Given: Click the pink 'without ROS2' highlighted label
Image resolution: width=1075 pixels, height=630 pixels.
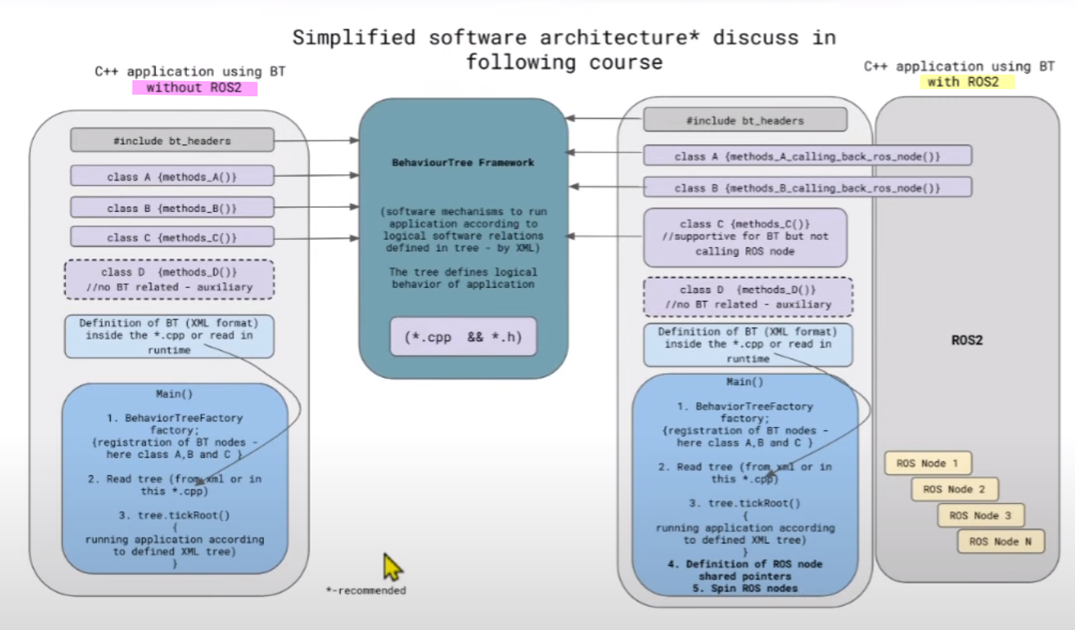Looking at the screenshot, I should pyautogui.click(x=194, y=88).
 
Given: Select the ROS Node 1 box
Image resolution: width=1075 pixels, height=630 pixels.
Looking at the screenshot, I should pyautogui.click(x=928, y=463).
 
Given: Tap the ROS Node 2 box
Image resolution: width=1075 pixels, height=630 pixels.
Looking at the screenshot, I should pyautogui.click(x=954, y=489).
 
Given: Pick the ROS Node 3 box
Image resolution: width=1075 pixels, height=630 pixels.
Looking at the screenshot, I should pyautogui.click(x=980, y=515).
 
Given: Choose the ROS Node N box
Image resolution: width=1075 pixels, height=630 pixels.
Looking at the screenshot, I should pyautogui.click(x=1000, y=542).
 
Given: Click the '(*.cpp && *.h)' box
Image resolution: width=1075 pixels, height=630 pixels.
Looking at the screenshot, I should pyautogui.click(x=463, y=337).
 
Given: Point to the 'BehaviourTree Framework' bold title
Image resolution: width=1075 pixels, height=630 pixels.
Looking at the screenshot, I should pyautogui.click(x=463, y=162).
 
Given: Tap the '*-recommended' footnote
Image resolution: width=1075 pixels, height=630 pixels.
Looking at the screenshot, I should pyautogui.click(x=366, y=591).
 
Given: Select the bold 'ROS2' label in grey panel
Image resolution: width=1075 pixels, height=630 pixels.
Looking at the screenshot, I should pyautogui.click(x=967, y=339).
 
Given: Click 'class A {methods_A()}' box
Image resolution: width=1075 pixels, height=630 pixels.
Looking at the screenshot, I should pyautogui.click(x=172, y=177).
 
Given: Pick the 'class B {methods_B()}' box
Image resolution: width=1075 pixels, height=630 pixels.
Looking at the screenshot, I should pyautogui.click(x=172, y=208).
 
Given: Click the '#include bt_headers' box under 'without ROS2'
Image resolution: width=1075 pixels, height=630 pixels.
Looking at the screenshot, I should pyautogui.click(x=172, y=140).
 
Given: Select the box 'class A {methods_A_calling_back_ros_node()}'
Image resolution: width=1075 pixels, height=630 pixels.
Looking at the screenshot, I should pyautogui.click(x=807, y=156).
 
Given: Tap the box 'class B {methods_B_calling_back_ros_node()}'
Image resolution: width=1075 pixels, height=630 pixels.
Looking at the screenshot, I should pyautogui.click(x=807, y=188).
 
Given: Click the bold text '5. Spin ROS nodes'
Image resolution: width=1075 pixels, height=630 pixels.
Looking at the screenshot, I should pyautogui.click(x=744, y=588).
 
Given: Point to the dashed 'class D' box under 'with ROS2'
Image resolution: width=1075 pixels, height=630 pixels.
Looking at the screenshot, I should pyautogui.click(x=748, y=297).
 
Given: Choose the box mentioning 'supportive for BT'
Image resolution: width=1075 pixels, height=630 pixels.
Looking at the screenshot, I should pyautogui.click(x=745, y=238).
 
